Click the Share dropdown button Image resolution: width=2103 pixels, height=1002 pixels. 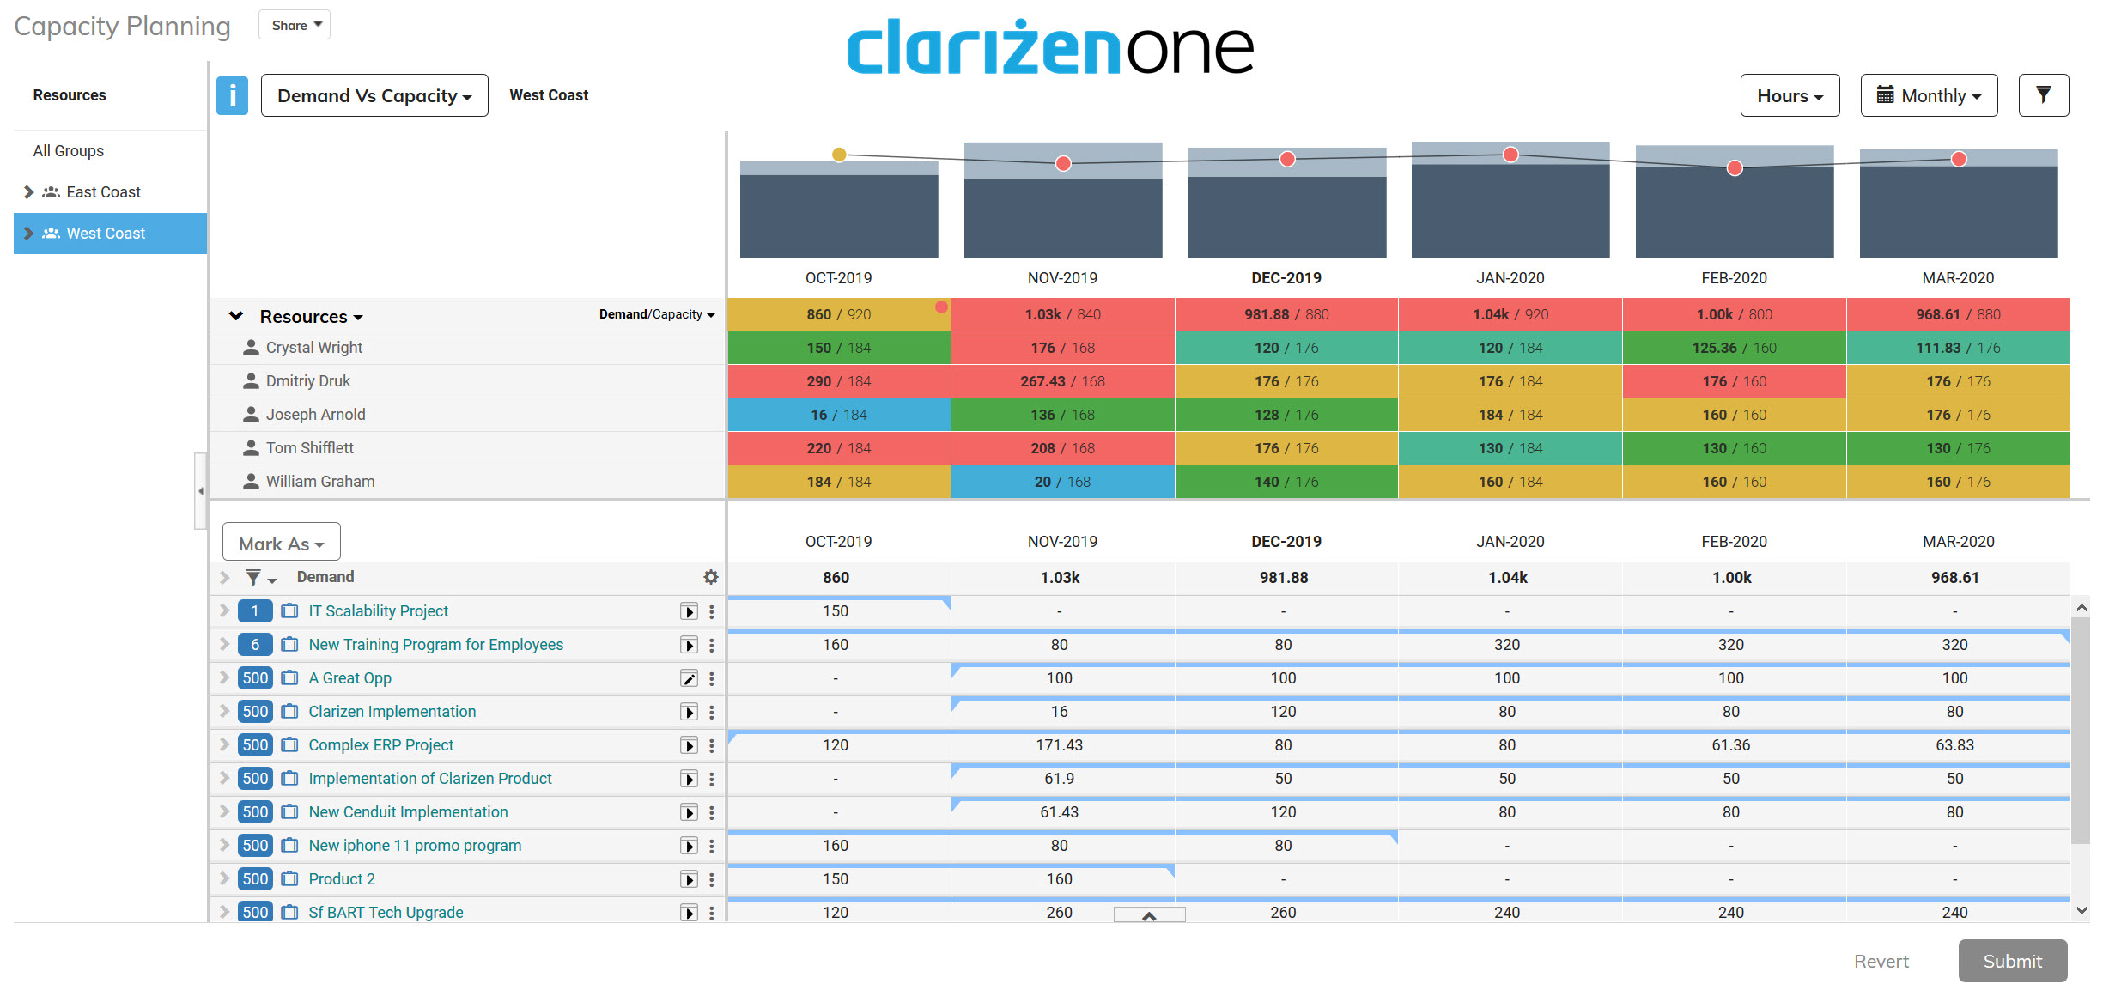(295, 25)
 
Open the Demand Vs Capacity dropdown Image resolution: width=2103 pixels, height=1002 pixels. (374, 95)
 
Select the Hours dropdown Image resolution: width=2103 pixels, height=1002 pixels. (1789, 95)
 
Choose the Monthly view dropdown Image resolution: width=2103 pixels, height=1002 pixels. (1928, 95)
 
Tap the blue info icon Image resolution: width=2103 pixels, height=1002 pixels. (232, 95)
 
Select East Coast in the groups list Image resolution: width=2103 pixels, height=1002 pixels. (103, 192)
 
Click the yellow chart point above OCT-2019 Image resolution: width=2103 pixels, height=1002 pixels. (839, 155)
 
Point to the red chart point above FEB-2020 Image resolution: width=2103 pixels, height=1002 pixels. (1735, 168)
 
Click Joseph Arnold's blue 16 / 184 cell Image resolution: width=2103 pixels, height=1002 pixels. (838, 415)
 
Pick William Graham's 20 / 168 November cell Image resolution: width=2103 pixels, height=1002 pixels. (1062, 482)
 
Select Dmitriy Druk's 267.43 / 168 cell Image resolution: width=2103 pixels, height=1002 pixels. (1062, 381)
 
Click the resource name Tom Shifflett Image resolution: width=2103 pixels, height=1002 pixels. (309, 448)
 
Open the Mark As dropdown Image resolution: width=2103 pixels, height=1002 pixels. (281, 544)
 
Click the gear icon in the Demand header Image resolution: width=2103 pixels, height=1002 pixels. (710, 577)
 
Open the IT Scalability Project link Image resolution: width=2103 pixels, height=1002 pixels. (378, 611)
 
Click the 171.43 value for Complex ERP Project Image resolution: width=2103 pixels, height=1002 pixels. (1059, 745)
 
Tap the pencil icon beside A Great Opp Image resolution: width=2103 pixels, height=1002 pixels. (689, 678)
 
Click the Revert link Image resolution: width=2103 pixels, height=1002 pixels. (1881, 961)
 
